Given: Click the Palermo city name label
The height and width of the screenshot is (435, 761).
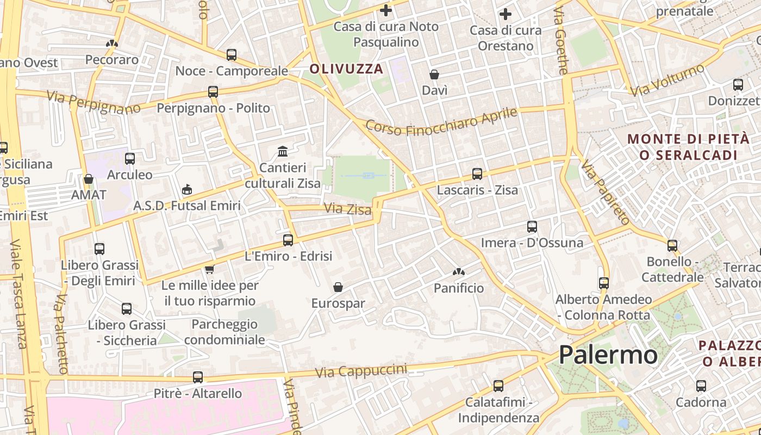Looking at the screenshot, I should point(608,355).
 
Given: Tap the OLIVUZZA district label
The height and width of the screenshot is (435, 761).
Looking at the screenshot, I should point(346,69).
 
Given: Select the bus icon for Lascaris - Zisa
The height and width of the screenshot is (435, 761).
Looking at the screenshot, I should point(477,174).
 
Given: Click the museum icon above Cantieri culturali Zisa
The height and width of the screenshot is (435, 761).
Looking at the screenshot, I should point(283,151).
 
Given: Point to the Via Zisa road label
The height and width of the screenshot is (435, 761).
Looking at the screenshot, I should point(347,209).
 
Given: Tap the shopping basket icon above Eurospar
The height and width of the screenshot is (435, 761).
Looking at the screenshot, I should point(338,287).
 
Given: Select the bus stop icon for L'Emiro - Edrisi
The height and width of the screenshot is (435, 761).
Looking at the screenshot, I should point(288,240).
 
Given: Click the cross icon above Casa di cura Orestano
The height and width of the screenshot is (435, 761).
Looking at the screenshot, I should point(506,14).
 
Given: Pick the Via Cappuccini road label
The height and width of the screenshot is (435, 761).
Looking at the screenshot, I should point(361,371).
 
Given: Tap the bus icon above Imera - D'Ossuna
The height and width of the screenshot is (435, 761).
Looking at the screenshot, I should point(532,226).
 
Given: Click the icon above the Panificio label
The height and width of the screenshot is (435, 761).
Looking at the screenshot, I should point(459,271).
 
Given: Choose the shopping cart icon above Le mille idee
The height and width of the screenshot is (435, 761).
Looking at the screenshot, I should point(209,269).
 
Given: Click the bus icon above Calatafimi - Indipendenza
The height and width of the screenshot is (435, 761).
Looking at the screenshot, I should point(498,386).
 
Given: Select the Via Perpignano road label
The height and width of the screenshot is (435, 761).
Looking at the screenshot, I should point(93,102).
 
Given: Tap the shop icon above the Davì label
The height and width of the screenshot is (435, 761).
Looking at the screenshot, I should point(434,74).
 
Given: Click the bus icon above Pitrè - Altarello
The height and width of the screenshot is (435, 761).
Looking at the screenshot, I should point(198,377).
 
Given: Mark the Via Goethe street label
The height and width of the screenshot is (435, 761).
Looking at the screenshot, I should point(561,40).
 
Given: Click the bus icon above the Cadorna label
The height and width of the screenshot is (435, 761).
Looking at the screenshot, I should point(701,386).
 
